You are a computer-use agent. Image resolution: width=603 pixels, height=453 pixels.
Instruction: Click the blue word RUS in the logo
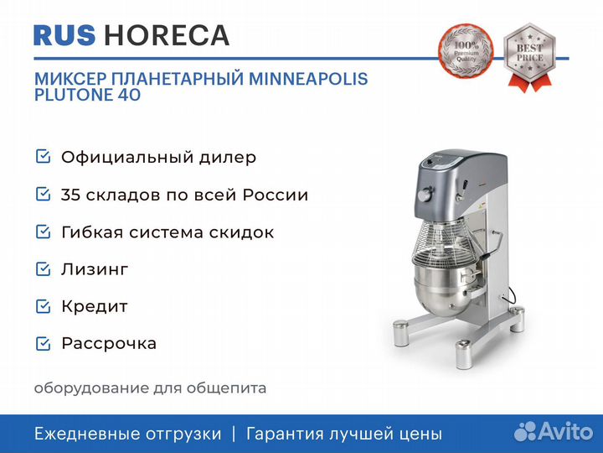(64, 35)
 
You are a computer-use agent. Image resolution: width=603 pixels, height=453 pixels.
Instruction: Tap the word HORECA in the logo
(167, 35)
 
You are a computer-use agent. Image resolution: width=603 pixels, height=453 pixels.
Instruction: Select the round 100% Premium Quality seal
(466, 51)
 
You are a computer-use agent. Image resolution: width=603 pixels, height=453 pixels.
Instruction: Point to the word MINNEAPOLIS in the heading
(308, 79)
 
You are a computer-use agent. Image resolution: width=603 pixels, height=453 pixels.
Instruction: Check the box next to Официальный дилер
(43, 157)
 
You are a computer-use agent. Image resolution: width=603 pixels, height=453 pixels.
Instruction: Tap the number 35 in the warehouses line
(70, 195)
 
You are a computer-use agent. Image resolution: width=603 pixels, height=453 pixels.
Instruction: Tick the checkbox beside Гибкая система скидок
(43, 232)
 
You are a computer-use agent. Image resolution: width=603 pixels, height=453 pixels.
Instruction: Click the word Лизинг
(95, 269)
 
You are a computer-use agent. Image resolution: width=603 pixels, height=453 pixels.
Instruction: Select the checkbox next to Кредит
(43, 306)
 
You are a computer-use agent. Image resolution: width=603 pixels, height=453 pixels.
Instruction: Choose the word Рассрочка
(109, 344)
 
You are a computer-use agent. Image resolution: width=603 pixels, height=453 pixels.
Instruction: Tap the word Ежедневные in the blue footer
(89, 434)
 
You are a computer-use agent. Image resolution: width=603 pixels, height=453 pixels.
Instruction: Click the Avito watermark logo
(554, 431)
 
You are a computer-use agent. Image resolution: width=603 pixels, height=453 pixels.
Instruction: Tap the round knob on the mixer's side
(425, 194)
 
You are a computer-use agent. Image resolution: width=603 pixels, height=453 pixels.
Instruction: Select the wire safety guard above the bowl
(443, 242)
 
